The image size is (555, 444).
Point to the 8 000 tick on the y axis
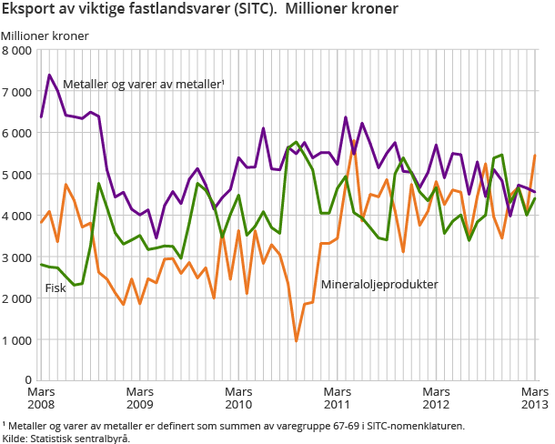[x=17, y=50]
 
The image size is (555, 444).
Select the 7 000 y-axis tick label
[x=17, y=92]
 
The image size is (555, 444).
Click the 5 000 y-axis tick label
[x=17, y=175]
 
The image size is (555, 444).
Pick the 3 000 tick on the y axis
[x=17, y=257]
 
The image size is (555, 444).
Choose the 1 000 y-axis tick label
[x=17, y=339]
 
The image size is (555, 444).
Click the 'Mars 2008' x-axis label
[x=41, y=398]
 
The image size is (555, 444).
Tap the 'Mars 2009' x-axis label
[x=139, y=398]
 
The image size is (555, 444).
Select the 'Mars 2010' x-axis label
[x=238, y=398]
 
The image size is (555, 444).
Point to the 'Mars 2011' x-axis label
[x=338, y=398]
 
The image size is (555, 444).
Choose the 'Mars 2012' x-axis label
[x=436, y=398]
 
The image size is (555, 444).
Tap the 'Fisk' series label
[x=55, y=289]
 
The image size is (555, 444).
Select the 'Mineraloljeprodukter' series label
[x=380, y=285]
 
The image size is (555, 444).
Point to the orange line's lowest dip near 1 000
[x=297, y=341]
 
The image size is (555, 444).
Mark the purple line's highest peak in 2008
[x=49, y=75]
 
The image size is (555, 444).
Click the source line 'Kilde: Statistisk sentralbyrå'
[x=66, y=438]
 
